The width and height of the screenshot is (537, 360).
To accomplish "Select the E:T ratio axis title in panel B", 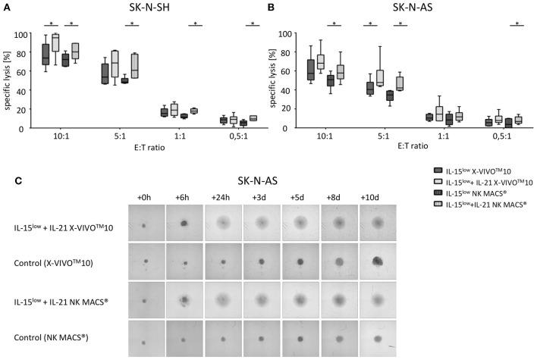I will click(410, 149).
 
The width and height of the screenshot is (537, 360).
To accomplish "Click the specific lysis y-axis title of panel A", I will click(8, 80).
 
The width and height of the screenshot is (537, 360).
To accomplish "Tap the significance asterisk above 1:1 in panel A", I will click(195, 23).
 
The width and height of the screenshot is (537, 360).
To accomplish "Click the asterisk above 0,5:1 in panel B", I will click(518, 23).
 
